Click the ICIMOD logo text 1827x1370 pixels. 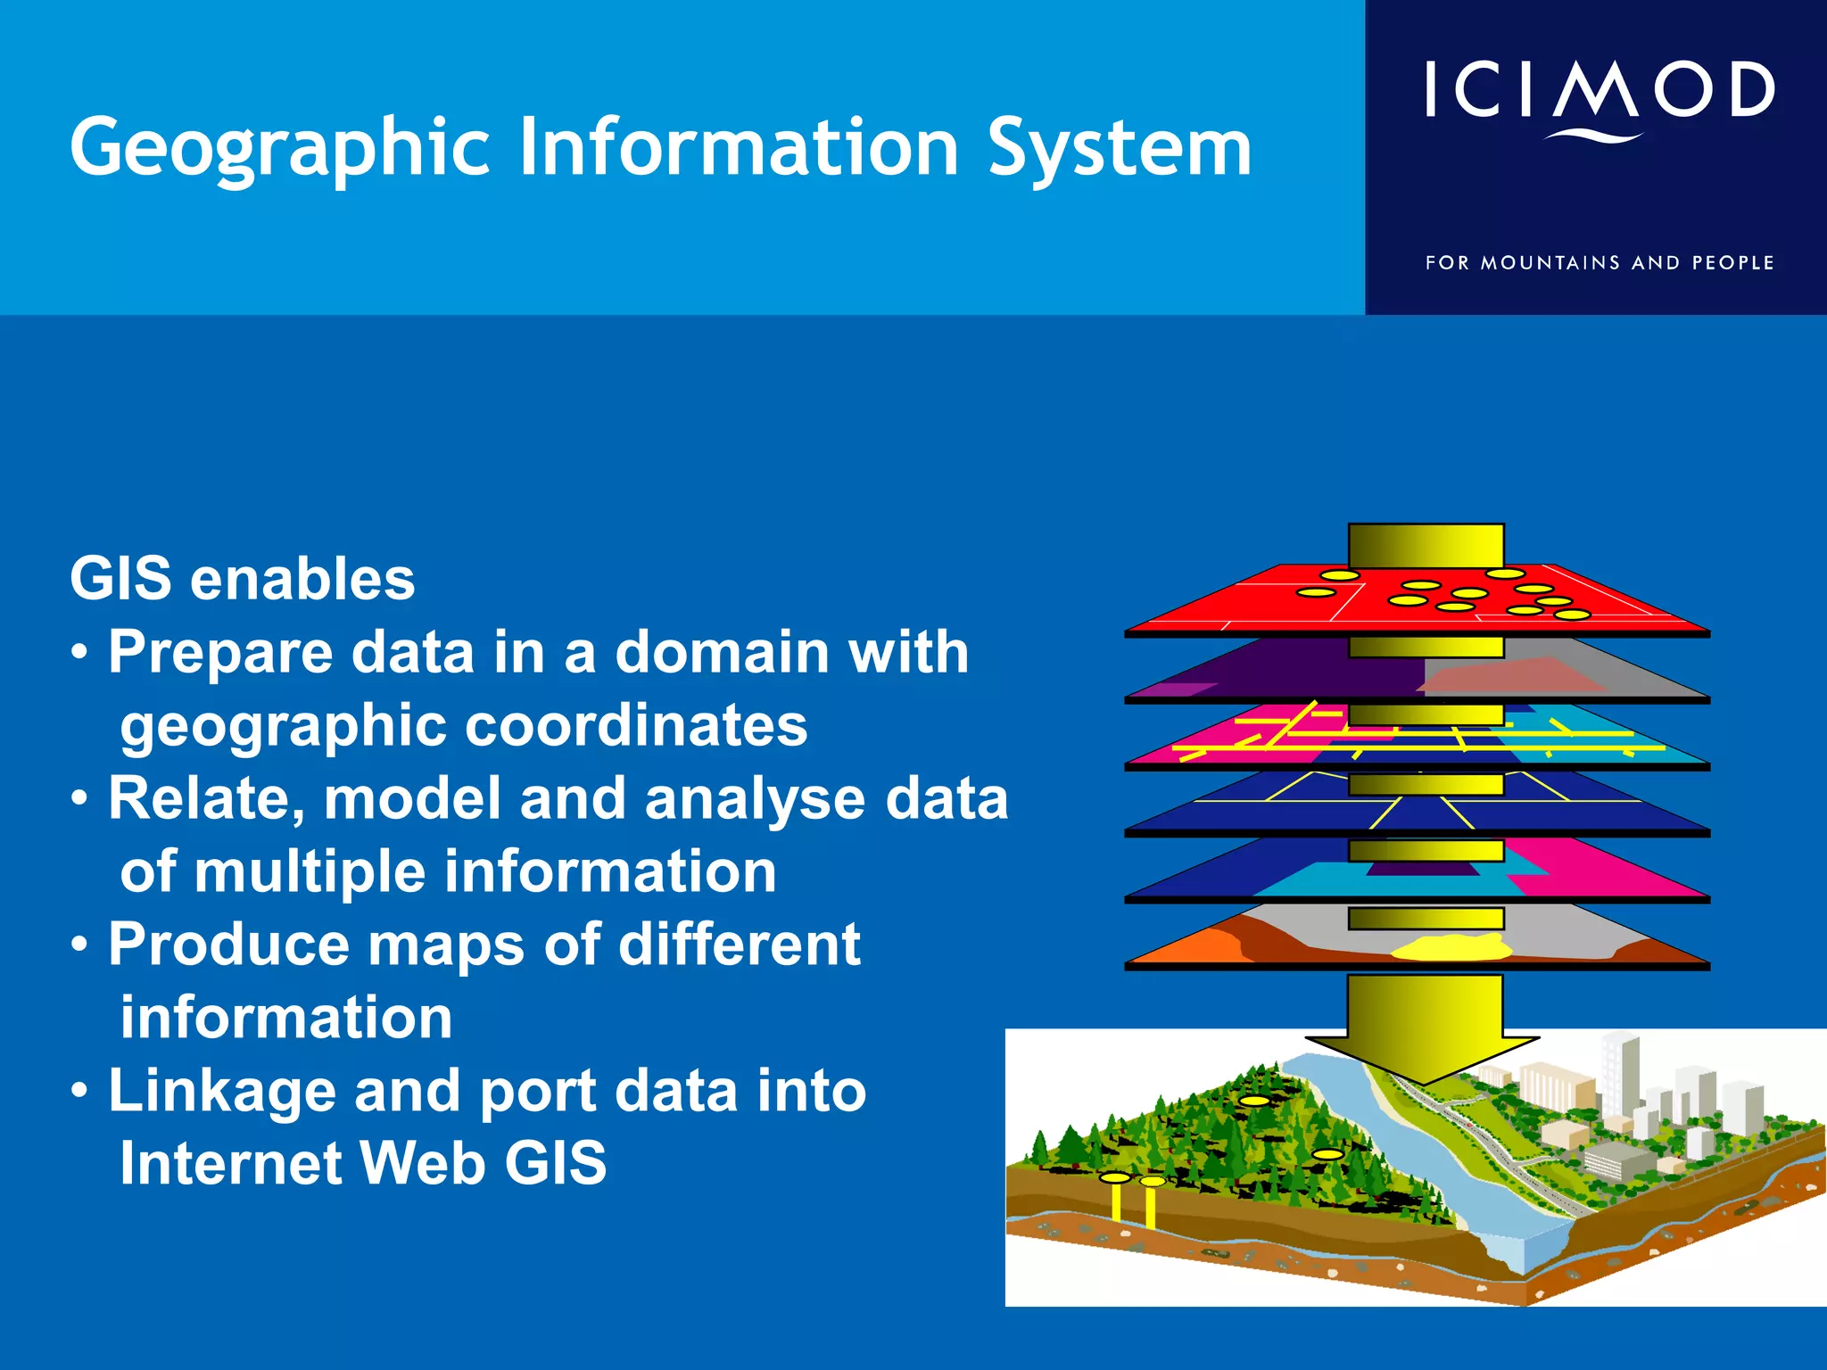[1599, 89]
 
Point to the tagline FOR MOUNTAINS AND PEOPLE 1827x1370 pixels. [1599, 263]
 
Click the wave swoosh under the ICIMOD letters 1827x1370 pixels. [1593, 136]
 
